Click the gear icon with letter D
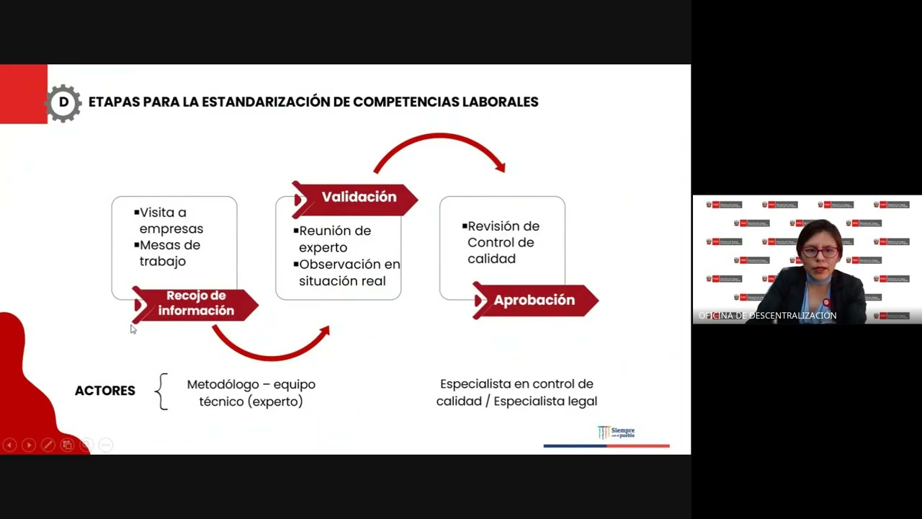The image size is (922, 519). (63, 102)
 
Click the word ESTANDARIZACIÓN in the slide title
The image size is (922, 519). (266, 102)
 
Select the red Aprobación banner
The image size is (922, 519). (534, 301)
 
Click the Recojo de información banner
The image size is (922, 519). (196, 303)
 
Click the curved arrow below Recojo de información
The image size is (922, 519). (270, 346)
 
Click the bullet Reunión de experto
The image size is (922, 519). (334, 239)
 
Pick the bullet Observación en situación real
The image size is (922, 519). (348, 272)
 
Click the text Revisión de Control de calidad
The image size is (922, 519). (502, 242)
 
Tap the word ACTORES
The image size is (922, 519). (105, 391)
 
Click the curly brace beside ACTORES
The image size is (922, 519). (162, 391)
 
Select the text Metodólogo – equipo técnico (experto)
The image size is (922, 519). (251, 393)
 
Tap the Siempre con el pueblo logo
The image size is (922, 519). (617, 432)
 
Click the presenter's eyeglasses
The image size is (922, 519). (820, 252)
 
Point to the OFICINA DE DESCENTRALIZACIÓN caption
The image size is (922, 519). (768, 316)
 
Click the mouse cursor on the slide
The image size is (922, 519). (133, 329)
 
